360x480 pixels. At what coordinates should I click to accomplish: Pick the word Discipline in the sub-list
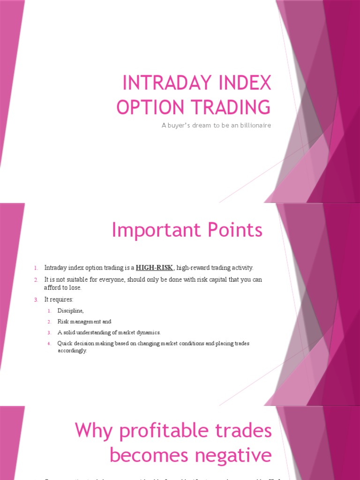[x=70, y=310]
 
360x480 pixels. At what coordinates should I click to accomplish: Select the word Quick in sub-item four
[x=65, y=344]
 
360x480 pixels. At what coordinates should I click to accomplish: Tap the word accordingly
[x=72, y=351]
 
